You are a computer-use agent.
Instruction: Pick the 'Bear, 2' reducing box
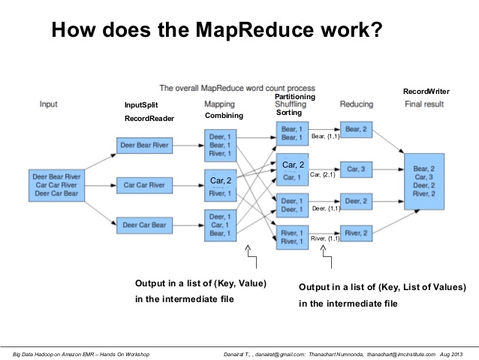[356, 129]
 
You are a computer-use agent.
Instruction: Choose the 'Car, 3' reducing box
[356, 169]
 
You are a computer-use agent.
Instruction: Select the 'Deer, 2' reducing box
[356, 201]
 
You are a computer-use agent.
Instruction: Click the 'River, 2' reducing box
[356, 233]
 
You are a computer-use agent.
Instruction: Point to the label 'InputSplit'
[141, 106]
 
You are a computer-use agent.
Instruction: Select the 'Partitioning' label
[295, 97]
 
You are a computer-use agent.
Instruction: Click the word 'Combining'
[224, 116]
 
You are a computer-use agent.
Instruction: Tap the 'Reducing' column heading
[357, 104]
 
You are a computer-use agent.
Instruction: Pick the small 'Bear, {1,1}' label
[326, 136]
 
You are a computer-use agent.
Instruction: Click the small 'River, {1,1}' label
[325, 238]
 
